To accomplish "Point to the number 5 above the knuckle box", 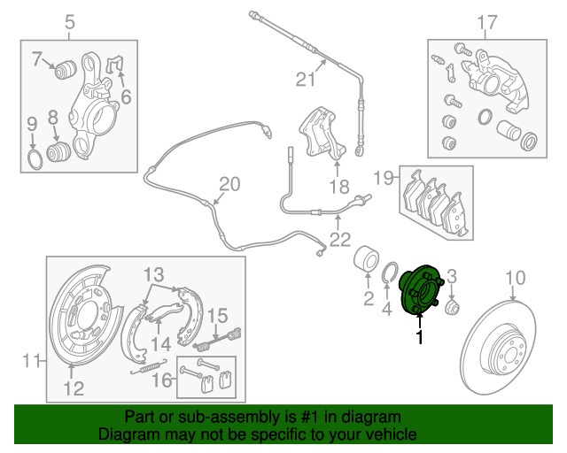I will point(70,20).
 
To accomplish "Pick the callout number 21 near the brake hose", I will point(305,80).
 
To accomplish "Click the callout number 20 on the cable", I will point(229,184).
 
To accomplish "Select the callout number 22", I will point(339,238).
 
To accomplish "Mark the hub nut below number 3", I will point(451,307).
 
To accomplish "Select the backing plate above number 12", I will point(83,319).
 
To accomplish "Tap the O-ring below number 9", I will point(32,159).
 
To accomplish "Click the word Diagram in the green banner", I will point(128,434).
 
